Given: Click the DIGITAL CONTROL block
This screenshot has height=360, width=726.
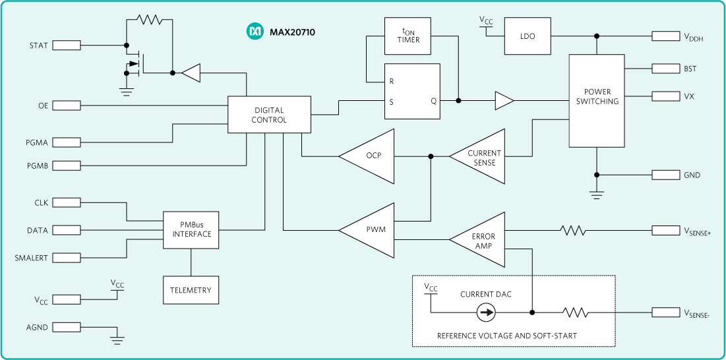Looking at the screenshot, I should pos(269,115).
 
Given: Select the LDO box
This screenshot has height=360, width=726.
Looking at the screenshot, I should pos(527,36).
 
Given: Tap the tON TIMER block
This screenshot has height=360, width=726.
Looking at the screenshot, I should pos(408,36).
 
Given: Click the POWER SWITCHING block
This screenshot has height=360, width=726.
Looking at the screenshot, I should pos(597,101).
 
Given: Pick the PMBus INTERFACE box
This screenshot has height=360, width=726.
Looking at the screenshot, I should pos(191,229).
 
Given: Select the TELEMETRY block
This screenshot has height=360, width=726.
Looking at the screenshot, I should pos(191,290).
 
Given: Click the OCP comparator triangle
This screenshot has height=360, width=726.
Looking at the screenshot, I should pos(371,156).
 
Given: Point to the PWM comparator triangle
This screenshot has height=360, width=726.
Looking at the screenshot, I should pos(371,230).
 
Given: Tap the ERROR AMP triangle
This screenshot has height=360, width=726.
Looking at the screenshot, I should pos(482,240).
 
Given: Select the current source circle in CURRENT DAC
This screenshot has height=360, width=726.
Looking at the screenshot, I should pos(486,313).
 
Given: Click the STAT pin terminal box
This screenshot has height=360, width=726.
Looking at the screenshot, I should pos(66,45).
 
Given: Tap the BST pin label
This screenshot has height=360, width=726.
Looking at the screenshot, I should pos(690,69).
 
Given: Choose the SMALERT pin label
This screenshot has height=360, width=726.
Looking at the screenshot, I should pos(31,258).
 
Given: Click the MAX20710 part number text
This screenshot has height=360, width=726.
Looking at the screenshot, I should pos(292,31).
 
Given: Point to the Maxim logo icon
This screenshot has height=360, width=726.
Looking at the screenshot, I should pos(255,31).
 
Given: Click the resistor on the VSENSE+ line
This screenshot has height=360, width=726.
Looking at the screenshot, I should pos(572,230).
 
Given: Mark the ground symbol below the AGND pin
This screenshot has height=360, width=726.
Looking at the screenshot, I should pos(117,340).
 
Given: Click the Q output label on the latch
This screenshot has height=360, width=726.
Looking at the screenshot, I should pos(433,101).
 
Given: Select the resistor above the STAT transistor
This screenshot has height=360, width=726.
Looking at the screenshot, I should pos(150,20).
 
